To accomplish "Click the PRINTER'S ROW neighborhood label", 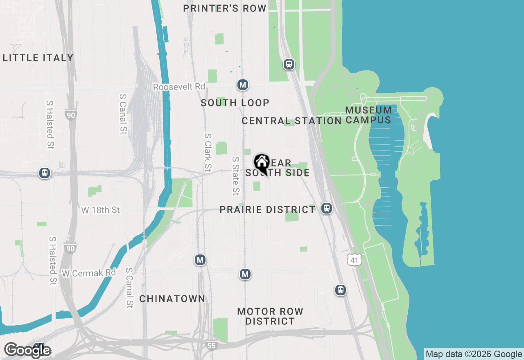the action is click(225, 8).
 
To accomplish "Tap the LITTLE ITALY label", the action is click(38, 58).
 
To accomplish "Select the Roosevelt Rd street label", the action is click(179, 87).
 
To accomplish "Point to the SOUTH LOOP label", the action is click(235, 103).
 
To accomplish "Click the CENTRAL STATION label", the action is click(291, 121).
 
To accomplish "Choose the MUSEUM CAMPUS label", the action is click(368, 115).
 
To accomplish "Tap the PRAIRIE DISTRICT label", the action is click(267, 209).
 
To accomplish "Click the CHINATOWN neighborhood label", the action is click(172, 299).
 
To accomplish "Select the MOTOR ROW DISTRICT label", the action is click(270, 316).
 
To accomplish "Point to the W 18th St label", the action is click(101, 210).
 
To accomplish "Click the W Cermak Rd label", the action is click(89, 273).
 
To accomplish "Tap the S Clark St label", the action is click(208, 153).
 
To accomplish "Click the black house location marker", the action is click(262, 163).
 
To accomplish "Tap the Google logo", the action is click(27, 350).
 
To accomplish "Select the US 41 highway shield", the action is click(355, 259).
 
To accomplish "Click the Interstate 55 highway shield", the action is click(211, 346).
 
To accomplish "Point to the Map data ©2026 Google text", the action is click(474, 354).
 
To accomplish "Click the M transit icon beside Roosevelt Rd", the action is click(243, 85).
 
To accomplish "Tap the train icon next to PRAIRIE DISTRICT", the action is click(326, 208).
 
